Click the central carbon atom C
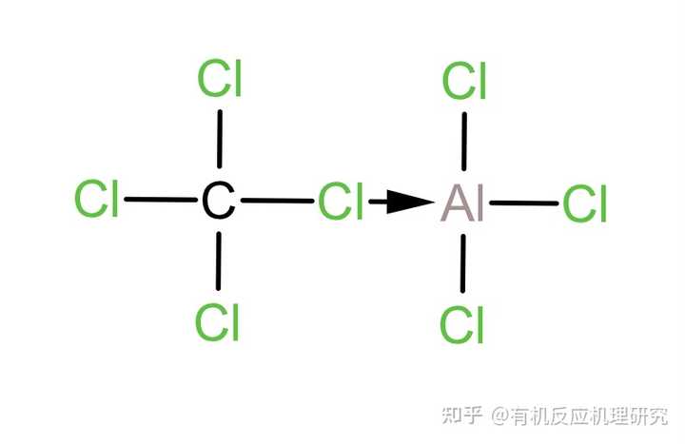218,202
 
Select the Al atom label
463,203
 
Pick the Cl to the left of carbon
96,201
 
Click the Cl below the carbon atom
217,322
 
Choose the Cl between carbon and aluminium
341,203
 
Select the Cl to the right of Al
585,204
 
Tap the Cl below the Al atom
462,326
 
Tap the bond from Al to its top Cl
464,143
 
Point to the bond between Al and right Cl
524,203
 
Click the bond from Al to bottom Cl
463,262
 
